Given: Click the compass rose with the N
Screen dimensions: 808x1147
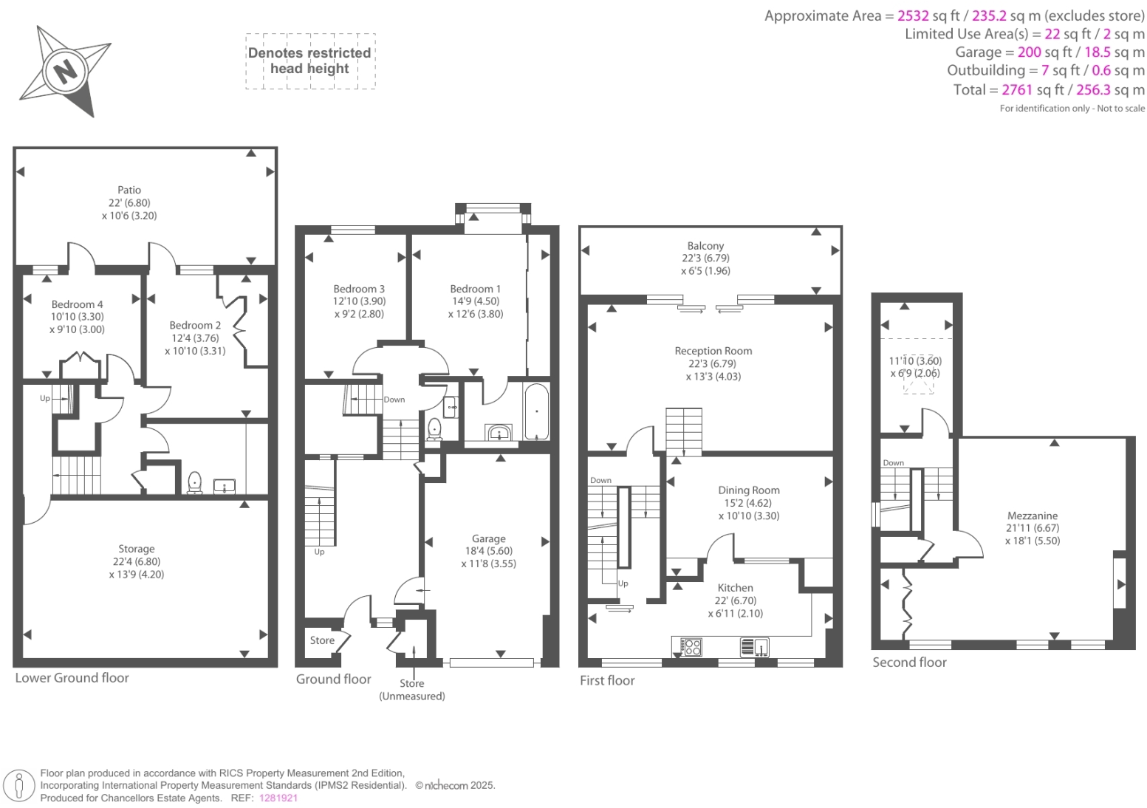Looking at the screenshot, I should (65, 71).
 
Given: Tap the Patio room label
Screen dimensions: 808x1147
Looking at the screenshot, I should (129, 191).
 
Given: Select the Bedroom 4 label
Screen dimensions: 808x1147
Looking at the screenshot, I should (78, 304).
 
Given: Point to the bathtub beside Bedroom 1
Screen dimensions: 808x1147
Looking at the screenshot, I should (537, 411).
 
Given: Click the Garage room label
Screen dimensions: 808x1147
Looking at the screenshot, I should (489, 538).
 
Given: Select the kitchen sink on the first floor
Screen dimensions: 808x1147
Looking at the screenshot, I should (755, 648).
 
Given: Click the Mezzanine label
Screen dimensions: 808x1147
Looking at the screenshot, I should (1032, 516).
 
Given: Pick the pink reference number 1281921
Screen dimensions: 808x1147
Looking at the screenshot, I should (278, 798).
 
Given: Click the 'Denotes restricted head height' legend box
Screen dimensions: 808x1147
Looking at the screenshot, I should (310, 61).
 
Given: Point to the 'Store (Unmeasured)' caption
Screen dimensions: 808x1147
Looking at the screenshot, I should (412, 689).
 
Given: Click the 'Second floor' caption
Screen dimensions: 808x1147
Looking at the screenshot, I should (909, 663).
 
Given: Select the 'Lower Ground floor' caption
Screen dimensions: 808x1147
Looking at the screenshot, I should (72, 678).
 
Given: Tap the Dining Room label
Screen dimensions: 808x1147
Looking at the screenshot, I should (748, 490).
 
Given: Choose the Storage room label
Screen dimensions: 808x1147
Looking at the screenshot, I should (137, 549).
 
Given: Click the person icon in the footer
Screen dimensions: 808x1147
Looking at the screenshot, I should (19, 785).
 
